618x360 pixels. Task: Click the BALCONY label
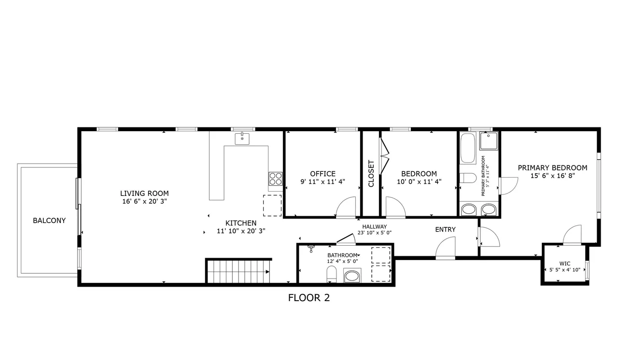point(49,221)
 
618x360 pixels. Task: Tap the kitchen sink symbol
point(242,138)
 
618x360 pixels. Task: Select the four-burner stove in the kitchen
point(276,179)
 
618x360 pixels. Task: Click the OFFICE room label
point(323,174)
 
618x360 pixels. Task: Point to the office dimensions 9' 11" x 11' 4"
point(323,181)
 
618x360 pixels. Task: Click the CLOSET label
point(371,173)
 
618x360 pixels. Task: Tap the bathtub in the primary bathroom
point(468,148)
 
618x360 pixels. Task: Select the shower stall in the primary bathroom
point(489,141)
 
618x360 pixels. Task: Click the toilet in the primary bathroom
point(468,178)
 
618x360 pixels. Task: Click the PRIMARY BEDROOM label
point(552,167)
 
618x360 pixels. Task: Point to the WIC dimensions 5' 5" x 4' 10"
point(565,270)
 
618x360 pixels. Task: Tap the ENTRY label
point(445,229)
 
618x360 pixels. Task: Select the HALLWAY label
point(374,227)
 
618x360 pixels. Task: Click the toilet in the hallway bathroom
point(331,274)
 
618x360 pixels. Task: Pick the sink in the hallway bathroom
point(352,276)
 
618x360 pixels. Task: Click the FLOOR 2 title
point(309,298)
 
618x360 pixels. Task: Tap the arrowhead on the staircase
point(267,272)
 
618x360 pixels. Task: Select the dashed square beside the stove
point(272,206)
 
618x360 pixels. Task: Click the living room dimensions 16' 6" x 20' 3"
point(144,202)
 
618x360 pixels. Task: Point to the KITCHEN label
point(241,223)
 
